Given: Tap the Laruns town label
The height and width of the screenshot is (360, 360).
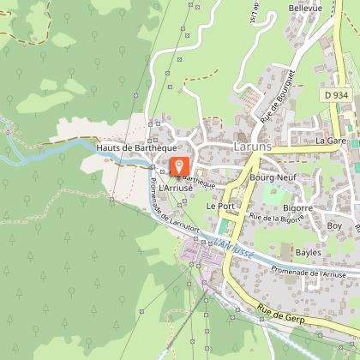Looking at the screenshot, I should click(253, 147).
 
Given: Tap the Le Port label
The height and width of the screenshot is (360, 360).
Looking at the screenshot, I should click(220, 207).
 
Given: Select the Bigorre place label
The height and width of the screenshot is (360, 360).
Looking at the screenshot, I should click(297, 208).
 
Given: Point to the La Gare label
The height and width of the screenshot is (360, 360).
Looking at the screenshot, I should click(330, 139).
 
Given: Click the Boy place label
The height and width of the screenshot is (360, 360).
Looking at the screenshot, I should click(334, 225).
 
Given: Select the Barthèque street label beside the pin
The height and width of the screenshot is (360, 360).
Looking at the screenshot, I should click(199, 179).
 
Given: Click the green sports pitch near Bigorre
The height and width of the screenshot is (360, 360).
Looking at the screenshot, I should click(275, 194).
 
